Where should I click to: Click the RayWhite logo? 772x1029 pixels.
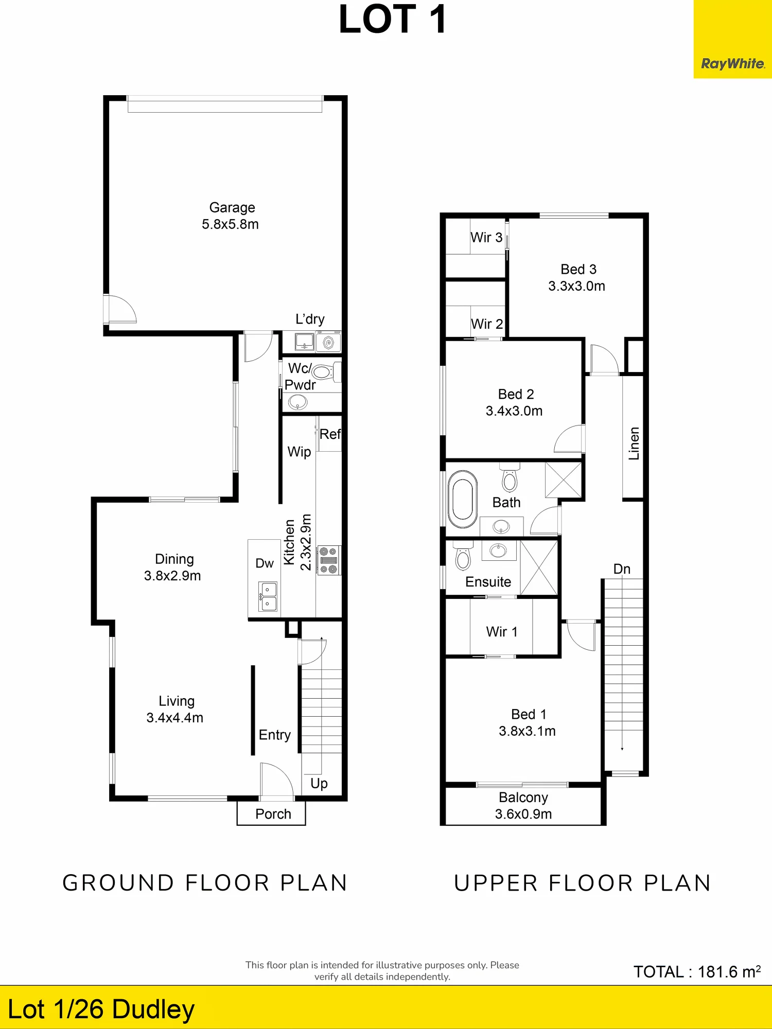pos(733,64)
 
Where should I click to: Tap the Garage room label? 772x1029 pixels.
pos(232,207)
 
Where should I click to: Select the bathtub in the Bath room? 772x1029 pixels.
pos(463,499)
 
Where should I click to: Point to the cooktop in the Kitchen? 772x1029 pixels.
pos(329,560)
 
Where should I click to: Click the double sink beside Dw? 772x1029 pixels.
pos(268,597)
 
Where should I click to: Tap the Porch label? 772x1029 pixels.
pos(273,814)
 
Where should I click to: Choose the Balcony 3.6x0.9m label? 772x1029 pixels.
pos(523,806)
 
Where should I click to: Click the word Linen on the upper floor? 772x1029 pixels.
pos(634,443)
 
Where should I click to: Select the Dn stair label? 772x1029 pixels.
pos(622,569)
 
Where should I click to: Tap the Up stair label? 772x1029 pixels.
pos(319,784)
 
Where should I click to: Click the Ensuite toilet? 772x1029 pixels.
pos(463,556)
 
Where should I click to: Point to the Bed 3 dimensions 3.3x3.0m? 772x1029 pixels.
pos(576,286)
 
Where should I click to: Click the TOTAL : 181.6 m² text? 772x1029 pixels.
pos(697,971)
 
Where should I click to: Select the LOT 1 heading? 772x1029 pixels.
pos(393,20)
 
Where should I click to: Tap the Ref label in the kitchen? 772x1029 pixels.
pos(330,434)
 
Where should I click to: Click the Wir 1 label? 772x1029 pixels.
pos(502,631)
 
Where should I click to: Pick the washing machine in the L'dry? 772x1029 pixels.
pos(328,342)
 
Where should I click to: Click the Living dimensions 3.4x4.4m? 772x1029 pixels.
pos(175,718)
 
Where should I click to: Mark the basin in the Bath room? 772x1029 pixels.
pos(501,526)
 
